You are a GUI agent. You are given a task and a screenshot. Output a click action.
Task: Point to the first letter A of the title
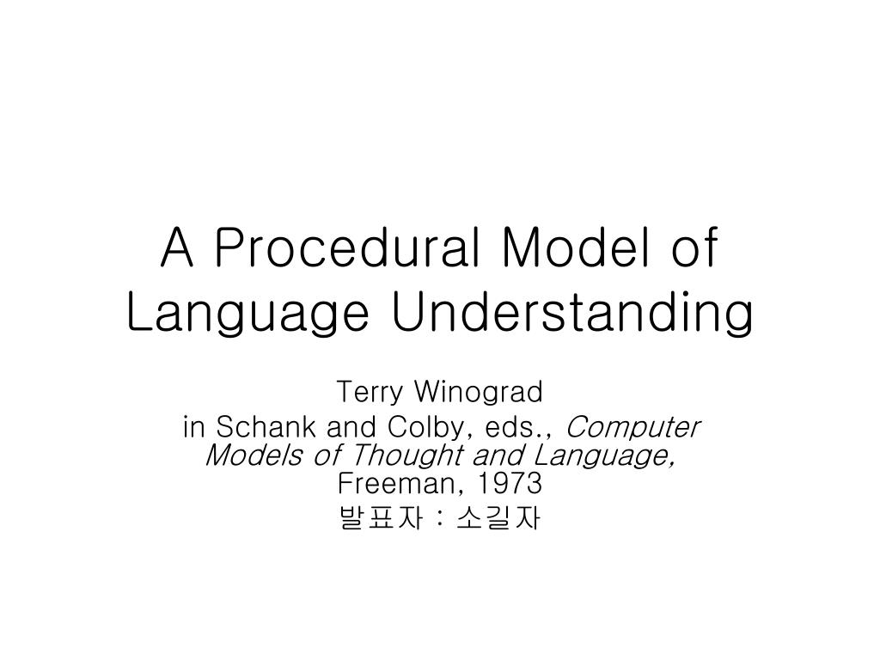(176, 248)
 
